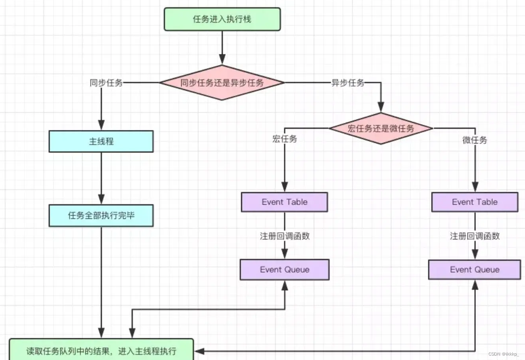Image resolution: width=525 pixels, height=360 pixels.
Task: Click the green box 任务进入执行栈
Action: coord(222,19)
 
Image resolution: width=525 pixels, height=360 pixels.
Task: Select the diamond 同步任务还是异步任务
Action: coord(222,83)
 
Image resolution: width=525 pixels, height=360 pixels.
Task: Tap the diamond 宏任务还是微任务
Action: coord(381,128)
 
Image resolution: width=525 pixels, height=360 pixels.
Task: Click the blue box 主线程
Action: coord(101,142)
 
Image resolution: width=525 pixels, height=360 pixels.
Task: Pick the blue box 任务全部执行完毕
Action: coord(101,216)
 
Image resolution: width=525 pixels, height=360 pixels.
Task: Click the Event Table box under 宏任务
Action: coord(284,202)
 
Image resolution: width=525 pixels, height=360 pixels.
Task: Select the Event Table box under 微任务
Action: coord(475,202)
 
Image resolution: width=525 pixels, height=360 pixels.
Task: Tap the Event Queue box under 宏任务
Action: coord(284,270)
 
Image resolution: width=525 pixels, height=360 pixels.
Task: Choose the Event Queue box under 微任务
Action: coord(475,270)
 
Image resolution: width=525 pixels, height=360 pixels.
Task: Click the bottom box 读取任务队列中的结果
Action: coord(101,350)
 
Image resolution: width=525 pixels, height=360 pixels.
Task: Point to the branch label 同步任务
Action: coord(106,83)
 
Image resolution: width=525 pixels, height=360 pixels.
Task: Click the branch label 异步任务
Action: coord(348,83)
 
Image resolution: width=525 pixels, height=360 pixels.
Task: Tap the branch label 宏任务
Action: coord(284,139)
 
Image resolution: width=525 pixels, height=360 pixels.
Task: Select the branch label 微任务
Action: coord(475,140)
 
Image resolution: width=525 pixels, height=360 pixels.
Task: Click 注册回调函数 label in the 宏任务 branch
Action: coord(284,236)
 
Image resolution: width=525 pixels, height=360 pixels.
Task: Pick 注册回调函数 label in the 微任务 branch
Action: coord(475,236)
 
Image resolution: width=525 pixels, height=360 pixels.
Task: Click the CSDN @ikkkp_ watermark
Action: coord(504,354)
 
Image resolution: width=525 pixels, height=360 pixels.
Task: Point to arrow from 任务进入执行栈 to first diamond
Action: coord(222,48)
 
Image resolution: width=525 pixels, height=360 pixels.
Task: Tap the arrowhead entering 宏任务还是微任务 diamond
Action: coord(381,107)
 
